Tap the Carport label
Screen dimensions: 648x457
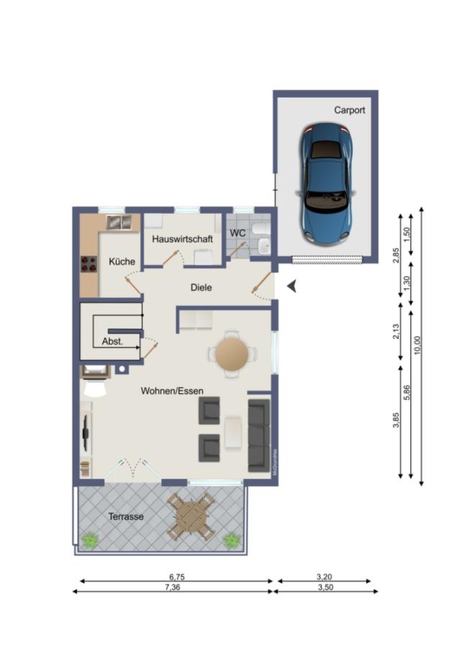coord(349,110)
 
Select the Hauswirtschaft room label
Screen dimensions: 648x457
coord(182,238)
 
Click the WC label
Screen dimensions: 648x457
coord(237,233)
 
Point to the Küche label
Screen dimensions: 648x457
coord(122,262)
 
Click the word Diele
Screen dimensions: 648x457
coord(201,287)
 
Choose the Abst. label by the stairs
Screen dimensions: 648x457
coord(112,343)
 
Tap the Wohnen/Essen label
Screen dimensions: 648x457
coord(172,391)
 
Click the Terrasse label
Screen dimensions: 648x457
coord(126,517)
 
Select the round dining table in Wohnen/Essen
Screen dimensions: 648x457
coord(232,354)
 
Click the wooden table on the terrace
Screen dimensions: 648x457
coord(191,516)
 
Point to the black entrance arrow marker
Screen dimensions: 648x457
coord(291,287)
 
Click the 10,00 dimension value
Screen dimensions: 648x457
coord(418,346)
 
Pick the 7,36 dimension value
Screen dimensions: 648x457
coord(173,588)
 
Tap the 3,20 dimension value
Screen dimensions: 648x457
coord(325,577)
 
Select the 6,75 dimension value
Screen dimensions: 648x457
coord(177,577)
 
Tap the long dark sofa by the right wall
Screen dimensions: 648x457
coord(259,435)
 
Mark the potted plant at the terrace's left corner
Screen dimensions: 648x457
coord(90,539)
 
